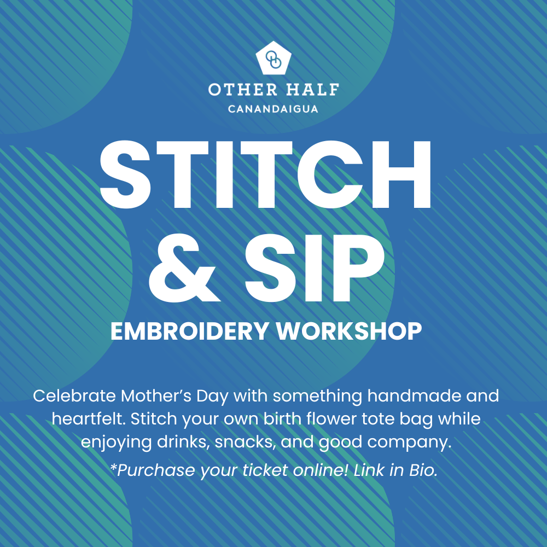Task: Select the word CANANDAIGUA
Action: click(x=273, y=109)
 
